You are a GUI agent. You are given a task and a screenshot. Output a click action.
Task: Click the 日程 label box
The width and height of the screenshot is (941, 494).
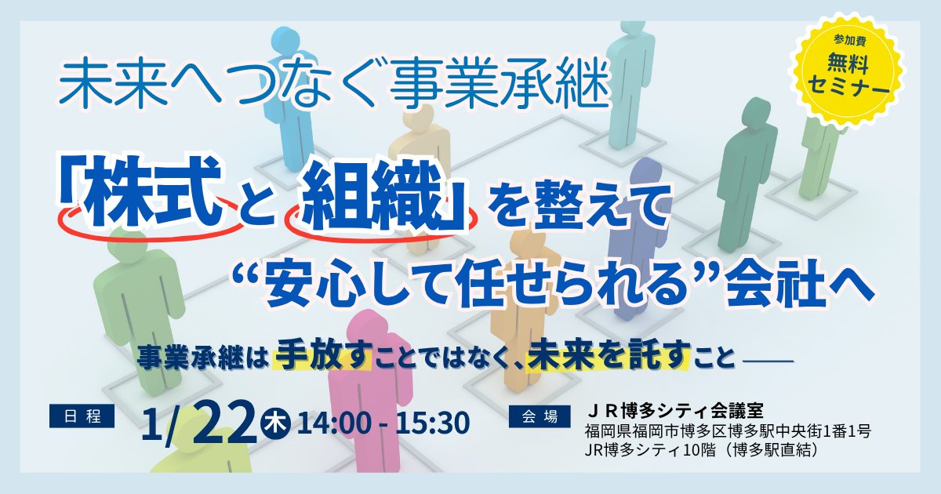pos(82,416)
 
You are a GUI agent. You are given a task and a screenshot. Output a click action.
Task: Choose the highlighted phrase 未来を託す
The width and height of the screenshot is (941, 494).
pos(608,357)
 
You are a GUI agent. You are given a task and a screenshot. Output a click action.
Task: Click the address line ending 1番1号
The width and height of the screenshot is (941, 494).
pos(727,431)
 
